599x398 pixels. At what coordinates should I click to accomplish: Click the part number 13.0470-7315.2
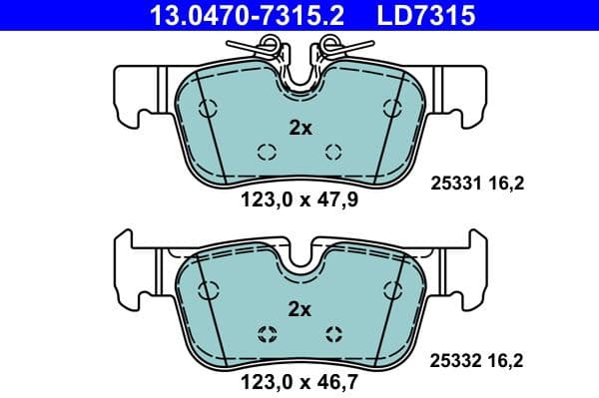246,15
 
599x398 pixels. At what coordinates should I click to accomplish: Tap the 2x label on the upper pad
299,128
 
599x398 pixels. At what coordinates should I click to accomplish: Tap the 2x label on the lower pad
299,309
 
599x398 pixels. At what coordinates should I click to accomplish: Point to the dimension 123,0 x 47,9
299,199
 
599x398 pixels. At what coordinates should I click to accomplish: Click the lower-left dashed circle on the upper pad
266,152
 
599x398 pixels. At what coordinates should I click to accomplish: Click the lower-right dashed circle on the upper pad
334,152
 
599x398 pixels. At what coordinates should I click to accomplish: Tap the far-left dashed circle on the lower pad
208,290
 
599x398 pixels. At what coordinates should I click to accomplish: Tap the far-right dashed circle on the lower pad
391,290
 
